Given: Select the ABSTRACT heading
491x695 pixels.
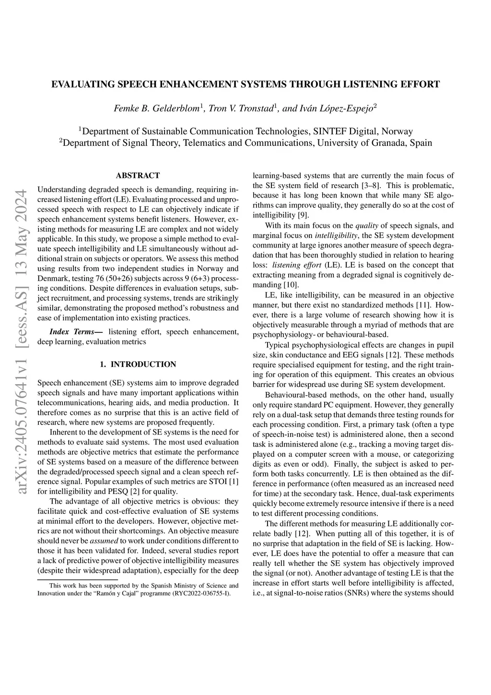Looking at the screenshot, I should [138, 176].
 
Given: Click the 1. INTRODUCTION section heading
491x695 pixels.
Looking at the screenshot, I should [138, 365].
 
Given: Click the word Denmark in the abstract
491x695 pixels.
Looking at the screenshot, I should [52, 278].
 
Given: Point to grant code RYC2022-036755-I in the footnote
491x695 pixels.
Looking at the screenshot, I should [203, 593].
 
